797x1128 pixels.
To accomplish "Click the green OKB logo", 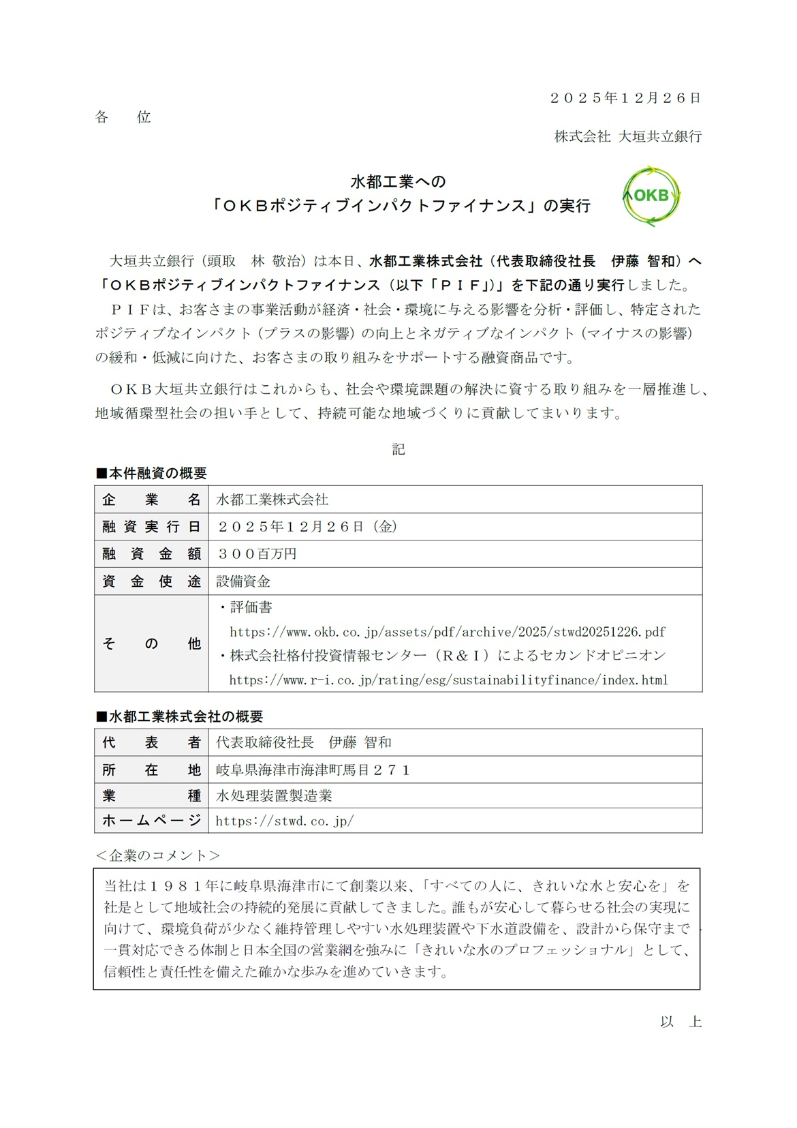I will (x=651, y=196).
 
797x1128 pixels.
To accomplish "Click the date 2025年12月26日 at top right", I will (x=625, y=97).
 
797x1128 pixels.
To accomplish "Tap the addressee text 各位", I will (x=123, y=117).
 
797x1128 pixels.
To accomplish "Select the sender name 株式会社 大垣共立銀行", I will (x=627, y=136).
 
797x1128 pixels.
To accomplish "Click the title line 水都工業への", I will (x=398, y=181).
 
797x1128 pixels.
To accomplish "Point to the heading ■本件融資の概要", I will (x=151, y=473).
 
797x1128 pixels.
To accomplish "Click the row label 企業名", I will (x=151, y=500).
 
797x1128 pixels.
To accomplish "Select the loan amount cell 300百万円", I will (x=257, y=554).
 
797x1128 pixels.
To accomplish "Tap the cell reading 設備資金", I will (x=243, y=581).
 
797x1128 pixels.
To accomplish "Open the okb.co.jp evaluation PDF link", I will (x=448, y=632).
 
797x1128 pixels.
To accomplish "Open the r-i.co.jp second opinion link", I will (x=448, y=680).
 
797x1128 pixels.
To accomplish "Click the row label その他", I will (x=151, y=643).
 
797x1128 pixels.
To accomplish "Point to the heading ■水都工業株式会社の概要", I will (x=179, y=716).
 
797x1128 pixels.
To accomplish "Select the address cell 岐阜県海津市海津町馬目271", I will (x=313, y=770).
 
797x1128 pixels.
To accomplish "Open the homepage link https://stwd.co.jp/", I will (x=285, y=821).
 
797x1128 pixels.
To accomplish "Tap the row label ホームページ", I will (x=151, y=821).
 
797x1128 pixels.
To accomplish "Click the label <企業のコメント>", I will (x=158, y=855).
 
